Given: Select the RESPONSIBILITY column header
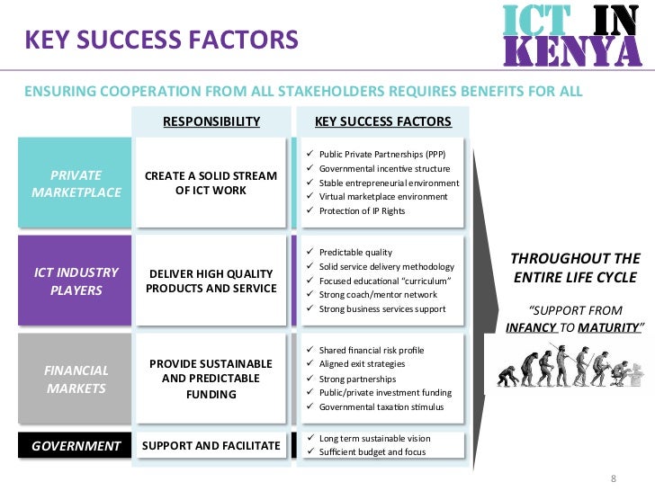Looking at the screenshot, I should (211, 121).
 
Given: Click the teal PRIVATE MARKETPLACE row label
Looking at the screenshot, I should (76, 183).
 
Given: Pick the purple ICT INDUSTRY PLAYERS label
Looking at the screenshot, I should (76, 281).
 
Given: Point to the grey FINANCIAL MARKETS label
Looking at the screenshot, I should (76, 379).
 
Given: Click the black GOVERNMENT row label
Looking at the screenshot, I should (76, 445).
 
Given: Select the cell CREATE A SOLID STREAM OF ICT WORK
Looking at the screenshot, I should (211, 183).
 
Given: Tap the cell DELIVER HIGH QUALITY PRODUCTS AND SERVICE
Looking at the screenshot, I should (211, 281).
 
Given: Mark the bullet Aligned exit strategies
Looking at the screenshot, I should (362, 364).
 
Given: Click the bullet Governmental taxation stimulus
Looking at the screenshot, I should (381, 406).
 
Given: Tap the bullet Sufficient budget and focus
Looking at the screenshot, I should (374, 451).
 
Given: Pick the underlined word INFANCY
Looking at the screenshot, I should (532, 329).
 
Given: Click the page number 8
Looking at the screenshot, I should (613, 478).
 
